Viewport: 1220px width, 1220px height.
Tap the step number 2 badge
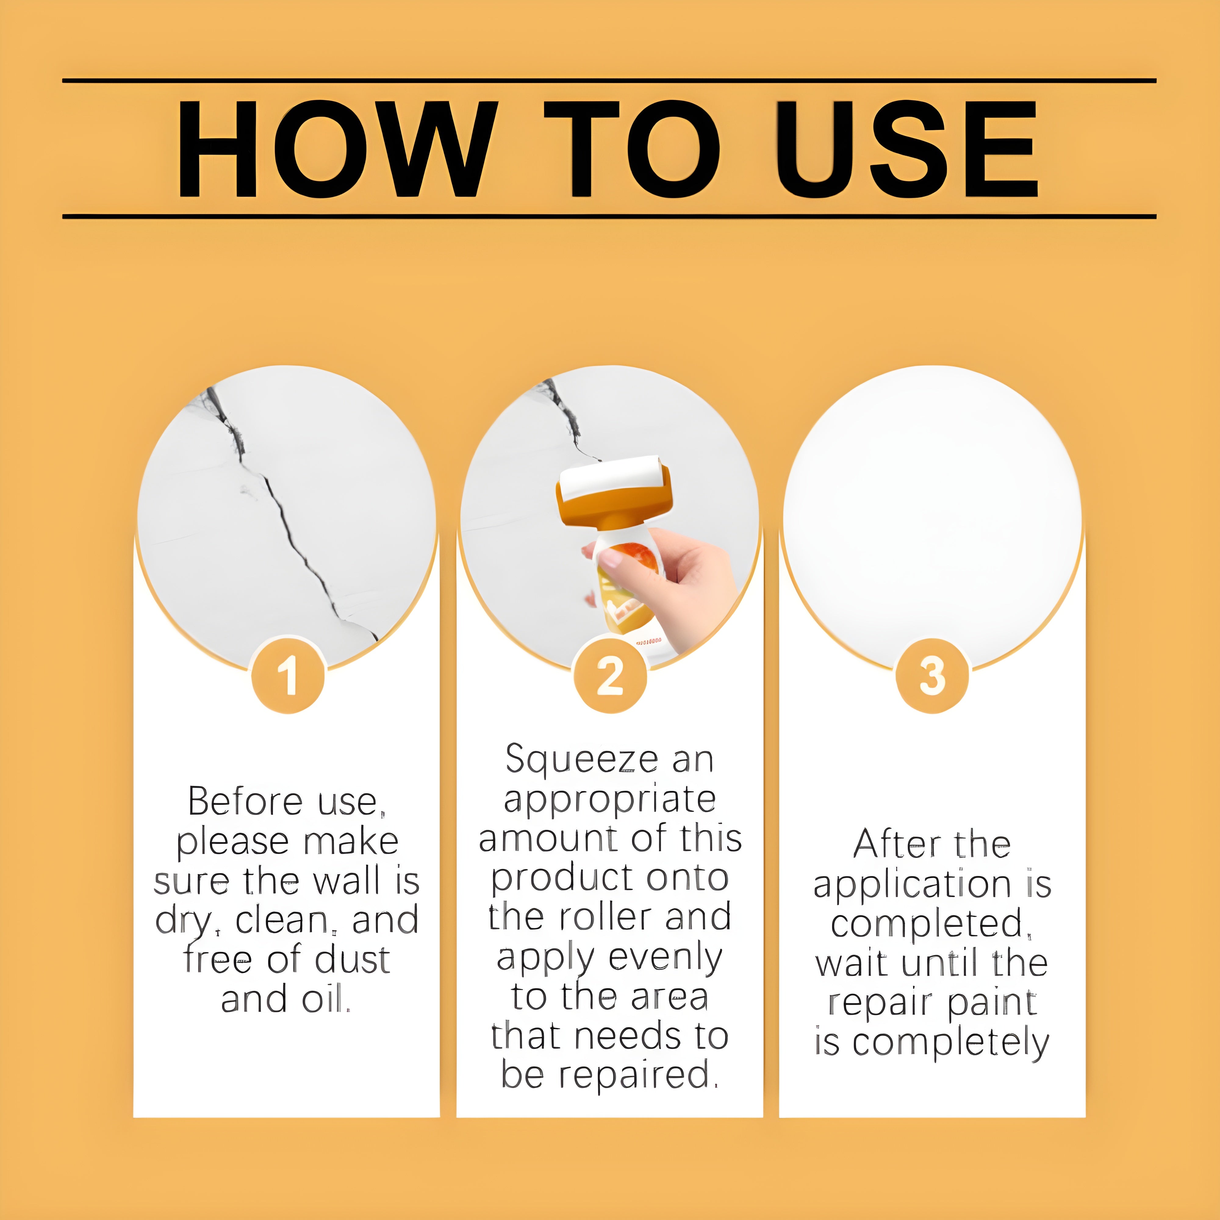pos(610,676)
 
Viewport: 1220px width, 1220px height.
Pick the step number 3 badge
pos(932,676)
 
